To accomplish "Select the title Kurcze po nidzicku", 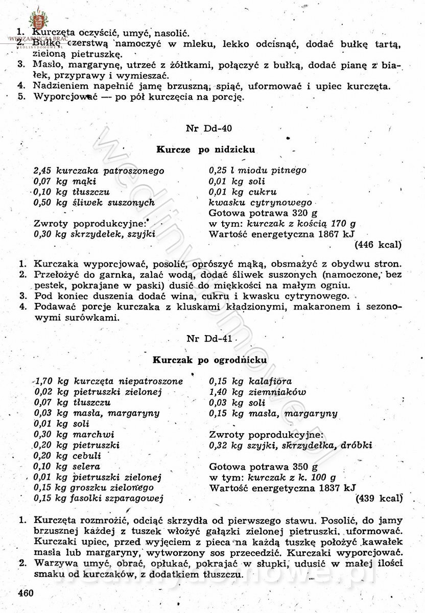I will pos(205,150).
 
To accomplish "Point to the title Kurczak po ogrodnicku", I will pos(210,360).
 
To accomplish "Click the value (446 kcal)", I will pos(377,245).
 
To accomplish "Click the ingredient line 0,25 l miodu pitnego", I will pos(258,171).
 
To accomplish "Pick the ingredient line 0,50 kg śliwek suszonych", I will pos(94,203).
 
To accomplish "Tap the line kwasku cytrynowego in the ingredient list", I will pos(261,203).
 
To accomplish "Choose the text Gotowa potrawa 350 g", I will pos(264,466).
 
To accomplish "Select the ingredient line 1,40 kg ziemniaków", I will pos(258,392).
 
